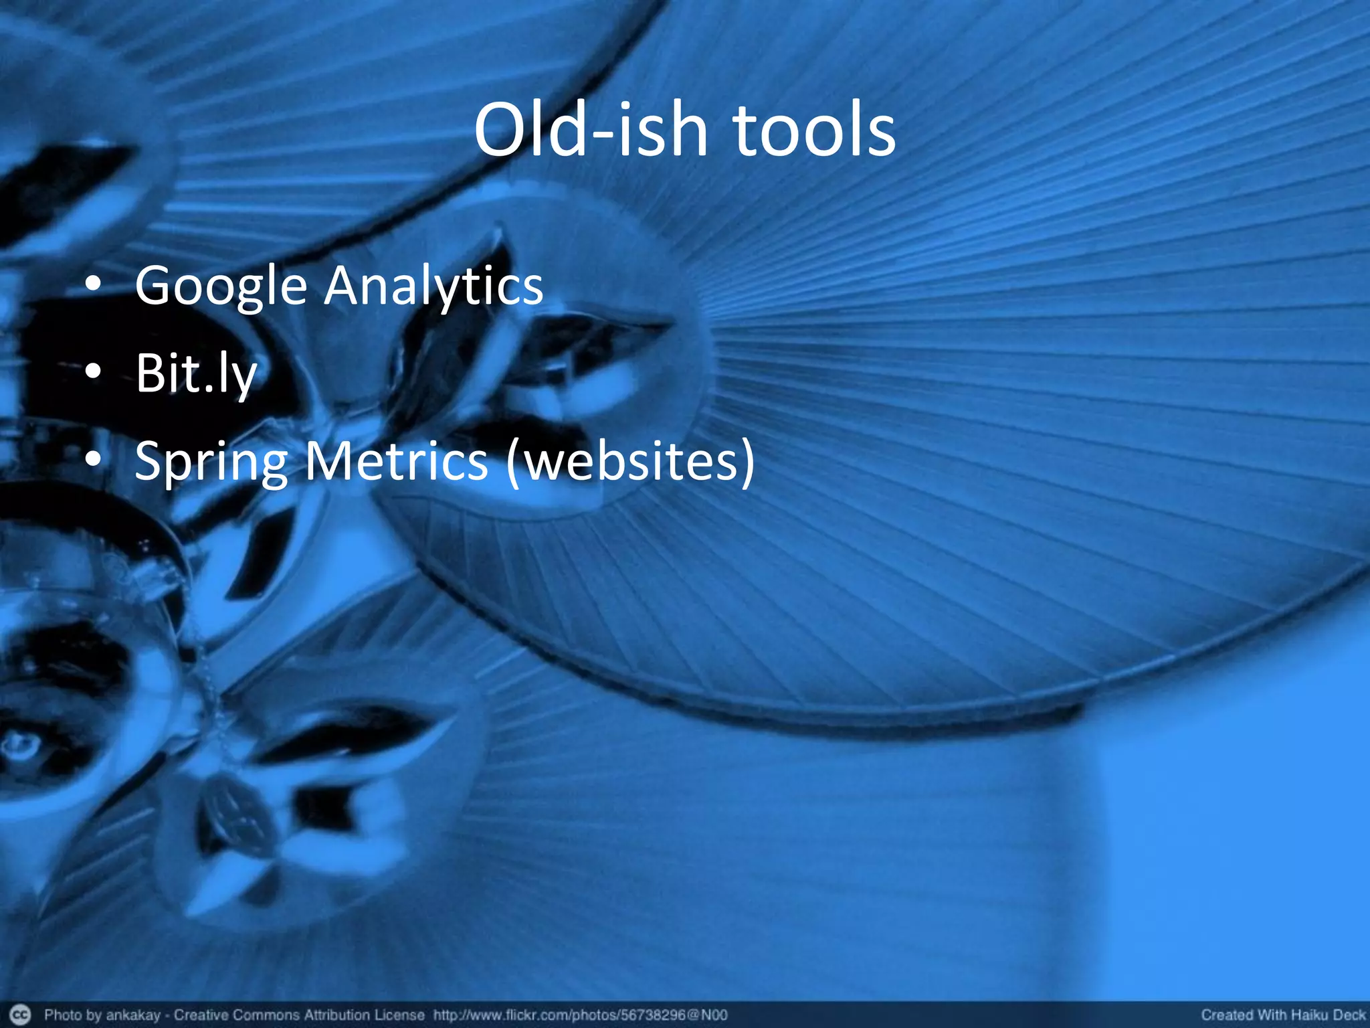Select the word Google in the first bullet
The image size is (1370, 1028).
click(x=221, y=286)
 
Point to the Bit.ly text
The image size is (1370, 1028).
click(x=196, y=373)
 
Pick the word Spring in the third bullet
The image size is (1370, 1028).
click(x=211, y=462)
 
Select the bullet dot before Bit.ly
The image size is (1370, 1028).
click(x=94, y=372)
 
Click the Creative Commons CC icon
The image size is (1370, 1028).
click(x=21, y=1015)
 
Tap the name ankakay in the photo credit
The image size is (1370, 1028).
click(x=132, y=1015)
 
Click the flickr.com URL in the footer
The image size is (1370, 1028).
click(x=580, y=1015)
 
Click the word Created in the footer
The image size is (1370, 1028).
click(x=1226, y=1015)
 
